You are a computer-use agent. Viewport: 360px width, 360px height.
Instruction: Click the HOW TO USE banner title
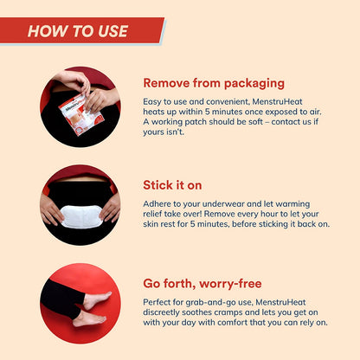(78, 31)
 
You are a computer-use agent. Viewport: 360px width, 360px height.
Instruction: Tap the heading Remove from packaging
(214, 83)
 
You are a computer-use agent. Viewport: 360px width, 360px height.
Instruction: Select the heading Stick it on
(172, 185)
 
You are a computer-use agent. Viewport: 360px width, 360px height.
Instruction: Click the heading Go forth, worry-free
(202, 284)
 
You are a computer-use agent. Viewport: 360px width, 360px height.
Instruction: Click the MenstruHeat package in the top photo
(81, 114)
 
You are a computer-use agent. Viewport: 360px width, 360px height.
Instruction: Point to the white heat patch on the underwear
(81, 216)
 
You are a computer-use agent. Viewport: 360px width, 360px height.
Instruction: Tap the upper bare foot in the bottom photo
(97, 300)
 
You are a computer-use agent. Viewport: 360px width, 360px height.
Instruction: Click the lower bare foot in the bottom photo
(89, 318)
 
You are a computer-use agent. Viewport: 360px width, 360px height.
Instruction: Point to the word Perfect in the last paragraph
(156, 302)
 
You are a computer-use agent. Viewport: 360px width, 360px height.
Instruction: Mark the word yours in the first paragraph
(153, 132)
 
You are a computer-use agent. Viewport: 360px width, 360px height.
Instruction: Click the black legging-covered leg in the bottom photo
(61, 297)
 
